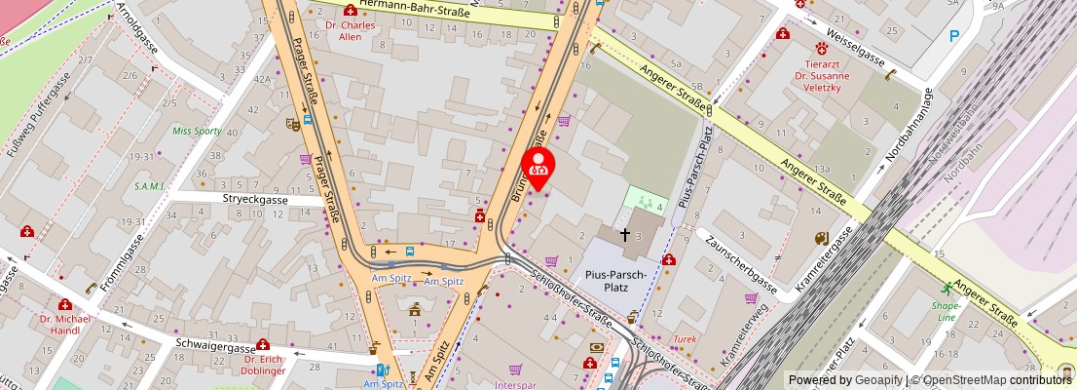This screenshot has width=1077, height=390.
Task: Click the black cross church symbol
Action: [624, 235]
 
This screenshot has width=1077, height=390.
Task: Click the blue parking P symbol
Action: [954, 36]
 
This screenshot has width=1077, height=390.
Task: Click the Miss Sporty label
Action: [197, 130]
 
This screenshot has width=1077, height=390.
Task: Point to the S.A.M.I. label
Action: [151, 186]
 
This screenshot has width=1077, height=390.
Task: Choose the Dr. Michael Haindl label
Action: [65, 325]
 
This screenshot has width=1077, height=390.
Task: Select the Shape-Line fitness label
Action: [947, 310]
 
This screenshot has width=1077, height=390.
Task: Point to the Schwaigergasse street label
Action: [215, 344]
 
